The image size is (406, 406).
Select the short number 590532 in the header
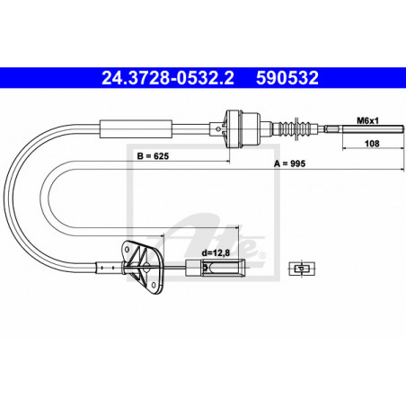tap(285, 78)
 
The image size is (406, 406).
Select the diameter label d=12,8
tap(216, 253)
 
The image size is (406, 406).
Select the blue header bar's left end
tap(7, 78)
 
